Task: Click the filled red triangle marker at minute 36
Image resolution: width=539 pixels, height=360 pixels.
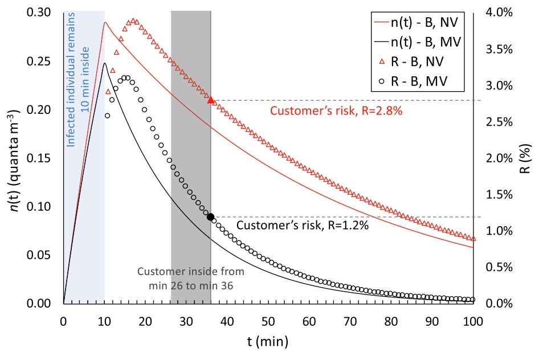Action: pyautogui.click(x=211, y=100)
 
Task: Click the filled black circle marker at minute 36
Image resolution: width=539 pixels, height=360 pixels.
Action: pyautogui.click(x=211, y=217)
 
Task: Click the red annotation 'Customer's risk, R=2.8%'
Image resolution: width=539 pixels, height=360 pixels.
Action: pyautogui.click(x=336, y=111)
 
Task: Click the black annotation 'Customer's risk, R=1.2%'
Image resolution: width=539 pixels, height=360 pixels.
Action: pyautogui.click(x=303, y=226)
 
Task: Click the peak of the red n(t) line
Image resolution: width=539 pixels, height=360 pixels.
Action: pyautogui.click(x=105, y=23)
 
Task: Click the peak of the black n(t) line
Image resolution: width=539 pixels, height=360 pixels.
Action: pyautogui.click(x=105, y=63)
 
